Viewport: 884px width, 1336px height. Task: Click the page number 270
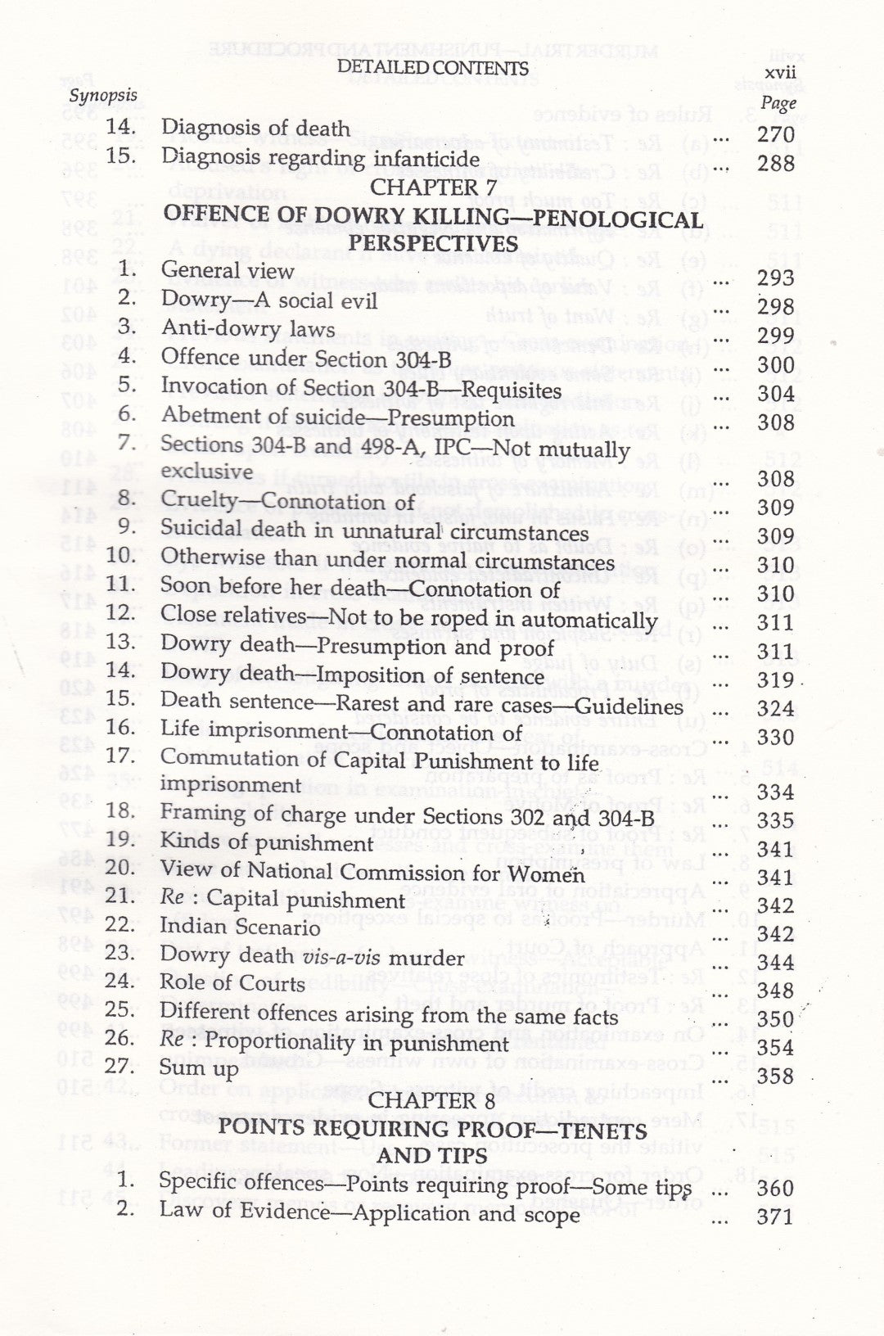[x=775, y=134]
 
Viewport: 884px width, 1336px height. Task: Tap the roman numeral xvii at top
[x=778, y=74]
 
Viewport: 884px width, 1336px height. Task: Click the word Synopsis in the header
[x=103, y=95]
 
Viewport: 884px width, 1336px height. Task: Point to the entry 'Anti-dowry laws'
[x=247, y=330]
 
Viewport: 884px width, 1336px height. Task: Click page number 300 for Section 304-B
[x=775, y=364]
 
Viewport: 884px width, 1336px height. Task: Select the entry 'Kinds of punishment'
[x=266, y=843]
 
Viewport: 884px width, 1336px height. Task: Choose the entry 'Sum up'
[x=199, y=1070]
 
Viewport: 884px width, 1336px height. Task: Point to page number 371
[x=775, y=1216]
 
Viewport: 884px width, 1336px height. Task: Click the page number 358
[x=775, y=1076]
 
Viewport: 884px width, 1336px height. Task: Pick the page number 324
[x=775, y=708]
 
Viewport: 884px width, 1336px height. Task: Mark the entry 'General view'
[x=228, y=271]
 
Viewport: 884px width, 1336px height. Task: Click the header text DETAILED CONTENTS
[x=432, y=68]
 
